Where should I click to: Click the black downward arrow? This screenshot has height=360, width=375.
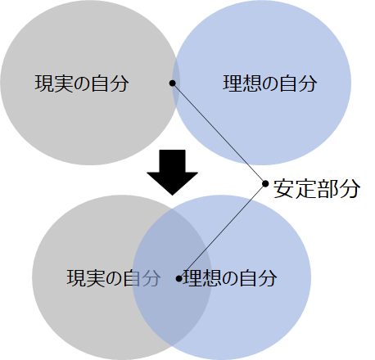tap(172, 173)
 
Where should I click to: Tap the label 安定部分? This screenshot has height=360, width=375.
tap(317, 188)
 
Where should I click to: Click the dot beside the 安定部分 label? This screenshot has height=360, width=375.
tap(265, 183)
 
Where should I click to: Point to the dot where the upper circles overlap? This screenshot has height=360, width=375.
tap(173, 83)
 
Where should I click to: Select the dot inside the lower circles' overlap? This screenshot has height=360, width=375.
tap(178, 279)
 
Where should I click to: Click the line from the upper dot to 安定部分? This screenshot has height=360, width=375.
tap(219, 133)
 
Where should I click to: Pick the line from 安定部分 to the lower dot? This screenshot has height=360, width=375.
tap(222, 231)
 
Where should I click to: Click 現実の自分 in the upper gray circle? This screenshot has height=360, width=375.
tap(82, 83)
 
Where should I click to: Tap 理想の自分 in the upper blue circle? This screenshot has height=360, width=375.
tap(270, 83)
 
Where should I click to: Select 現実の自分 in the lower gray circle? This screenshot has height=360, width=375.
tap(114, 278)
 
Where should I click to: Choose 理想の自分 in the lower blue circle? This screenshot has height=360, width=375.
tap(230, 278)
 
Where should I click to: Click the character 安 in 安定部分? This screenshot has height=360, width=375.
tap(283, 188)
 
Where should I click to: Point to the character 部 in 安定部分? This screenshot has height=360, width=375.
tap(328, 188)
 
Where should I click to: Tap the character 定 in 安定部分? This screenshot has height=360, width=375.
tap(305, 188)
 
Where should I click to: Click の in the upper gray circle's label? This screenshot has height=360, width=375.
tap(82, 83)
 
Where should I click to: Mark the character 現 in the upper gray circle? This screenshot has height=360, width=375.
tap(44, 83)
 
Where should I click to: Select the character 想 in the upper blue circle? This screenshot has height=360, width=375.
tap(251, 83)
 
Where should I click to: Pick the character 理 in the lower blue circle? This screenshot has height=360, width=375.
tap(192, 278)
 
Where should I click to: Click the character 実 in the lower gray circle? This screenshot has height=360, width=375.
tap(95, 278)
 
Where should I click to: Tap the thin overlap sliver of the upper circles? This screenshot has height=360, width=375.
tap(176, 83)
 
